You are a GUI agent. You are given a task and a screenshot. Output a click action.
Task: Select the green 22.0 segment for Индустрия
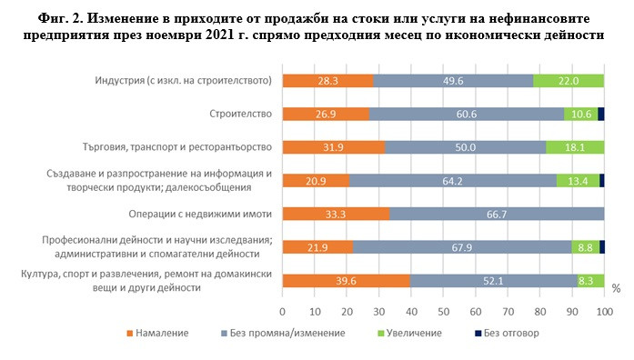(569, 81)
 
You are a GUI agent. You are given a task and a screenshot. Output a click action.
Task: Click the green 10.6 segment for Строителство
(580, 114)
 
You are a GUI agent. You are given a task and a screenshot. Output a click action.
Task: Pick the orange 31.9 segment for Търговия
(334, 147)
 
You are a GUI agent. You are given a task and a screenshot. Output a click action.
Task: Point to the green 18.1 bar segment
(575, 147)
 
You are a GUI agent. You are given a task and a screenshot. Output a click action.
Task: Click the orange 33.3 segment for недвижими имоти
(336, 214)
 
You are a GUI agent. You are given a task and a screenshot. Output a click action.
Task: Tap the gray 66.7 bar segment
(497, 214)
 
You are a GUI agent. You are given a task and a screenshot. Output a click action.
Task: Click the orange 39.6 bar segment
(346, 280)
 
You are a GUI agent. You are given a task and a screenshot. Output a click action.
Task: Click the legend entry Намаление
(158, 334)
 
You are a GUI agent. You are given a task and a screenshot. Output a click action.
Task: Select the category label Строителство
(235, 114)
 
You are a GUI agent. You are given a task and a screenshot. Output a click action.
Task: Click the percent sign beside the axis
(616, 289)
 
